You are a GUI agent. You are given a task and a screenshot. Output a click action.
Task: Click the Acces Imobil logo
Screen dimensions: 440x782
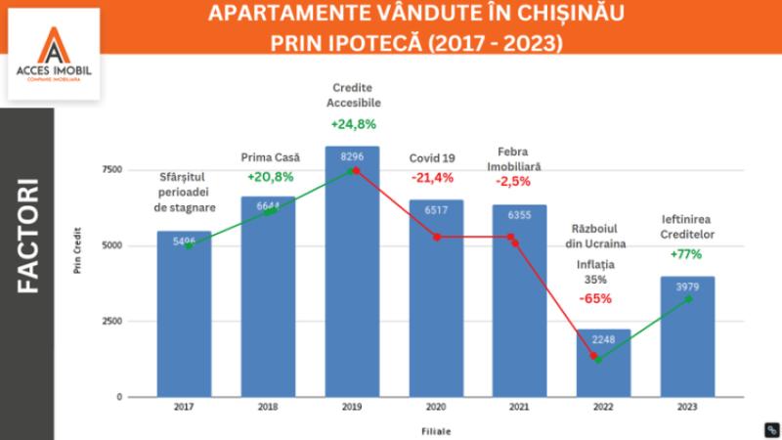coord(53,54)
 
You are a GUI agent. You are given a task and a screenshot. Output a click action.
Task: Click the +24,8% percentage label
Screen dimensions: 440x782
coord(354,124)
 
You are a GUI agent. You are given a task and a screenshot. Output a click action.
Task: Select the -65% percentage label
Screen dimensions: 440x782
coord(595,298)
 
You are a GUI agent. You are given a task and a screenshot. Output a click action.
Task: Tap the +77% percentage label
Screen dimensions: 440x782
coord(686,254)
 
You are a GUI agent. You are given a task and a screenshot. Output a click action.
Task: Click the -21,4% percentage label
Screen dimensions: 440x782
coord(432,177)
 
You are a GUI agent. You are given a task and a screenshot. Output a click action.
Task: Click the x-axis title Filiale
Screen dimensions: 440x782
coord(437,429)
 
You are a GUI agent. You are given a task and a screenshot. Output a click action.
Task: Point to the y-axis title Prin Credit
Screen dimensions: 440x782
coord(78,250)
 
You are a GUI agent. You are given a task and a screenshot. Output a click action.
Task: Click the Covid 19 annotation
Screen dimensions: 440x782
coord(433,158)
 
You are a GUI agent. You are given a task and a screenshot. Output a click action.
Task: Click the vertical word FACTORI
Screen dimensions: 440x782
coord(26,236)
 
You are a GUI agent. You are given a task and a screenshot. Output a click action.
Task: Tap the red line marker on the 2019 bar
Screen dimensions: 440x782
coord(356,170)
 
